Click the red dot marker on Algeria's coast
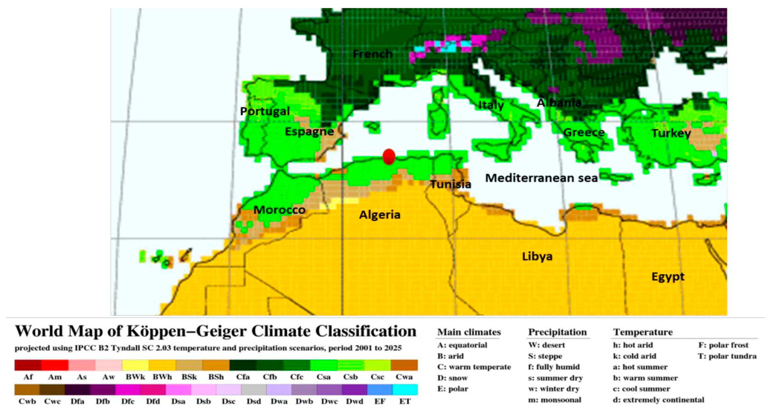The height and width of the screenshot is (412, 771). (389, 157)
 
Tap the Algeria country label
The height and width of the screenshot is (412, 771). (379, 215)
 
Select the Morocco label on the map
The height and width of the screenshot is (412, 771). (279, 210)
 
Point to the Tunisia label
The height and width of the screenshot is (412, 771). (450, 184)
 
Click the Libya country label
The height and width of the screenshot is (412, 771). (537, 256)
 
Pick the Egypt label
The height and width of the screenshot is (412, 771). (668, 277)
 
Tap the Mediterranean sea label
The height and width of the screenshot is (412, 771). (541, 178)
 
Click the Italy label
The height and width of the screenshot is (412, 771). (491, 105)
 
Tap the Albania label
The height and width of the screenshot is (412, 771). (559, 103)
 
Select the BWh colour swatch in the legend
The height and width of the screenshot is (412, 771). (162, 365)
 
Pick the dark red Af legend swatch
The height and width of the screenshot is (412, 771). (28, 365)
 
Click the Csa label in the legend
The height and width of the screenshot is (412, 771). (324, 377)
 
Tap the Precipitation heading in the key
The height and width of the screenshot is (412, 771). (557, 332)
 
